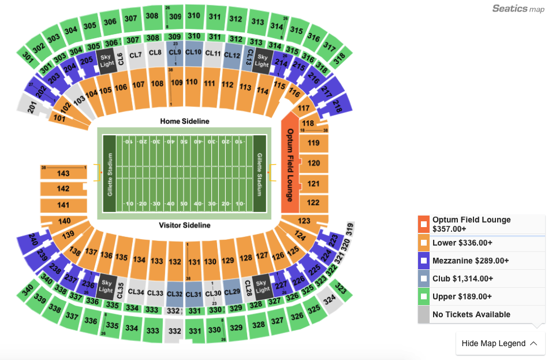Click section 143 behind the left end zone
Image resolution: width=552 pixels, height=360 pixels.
click(63, 173)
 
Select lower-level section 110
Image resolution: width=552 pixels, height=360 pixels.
click(192, 83)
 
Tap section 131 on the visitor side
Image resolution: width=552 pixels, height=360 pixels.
click(194, 261)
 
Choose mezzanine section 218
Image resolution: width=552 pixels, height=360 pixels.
click(337, 106)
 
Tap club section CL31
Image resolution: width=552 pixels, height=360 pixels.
click(195, 294)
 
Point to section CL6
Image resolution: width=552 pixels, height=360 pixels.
click(120, 58)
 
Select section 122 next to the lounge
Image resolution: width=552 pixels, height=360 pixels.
click(314, 202)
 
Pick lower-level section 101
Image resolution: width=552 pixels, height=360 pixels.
click(59, 118)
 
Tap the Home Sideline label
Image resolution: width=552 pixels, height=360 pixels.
click(184, 121)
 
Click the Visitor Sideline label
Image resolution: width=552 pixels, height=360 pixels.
click(184, 225)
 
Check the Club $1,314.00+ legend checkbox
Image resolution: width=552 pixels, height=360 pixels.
click(424, 279)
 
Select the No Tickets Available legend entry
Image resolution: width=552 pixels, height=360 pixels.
click(471, 314)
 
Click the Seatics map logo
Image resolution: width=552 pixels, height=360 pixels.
click(518, 9)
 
